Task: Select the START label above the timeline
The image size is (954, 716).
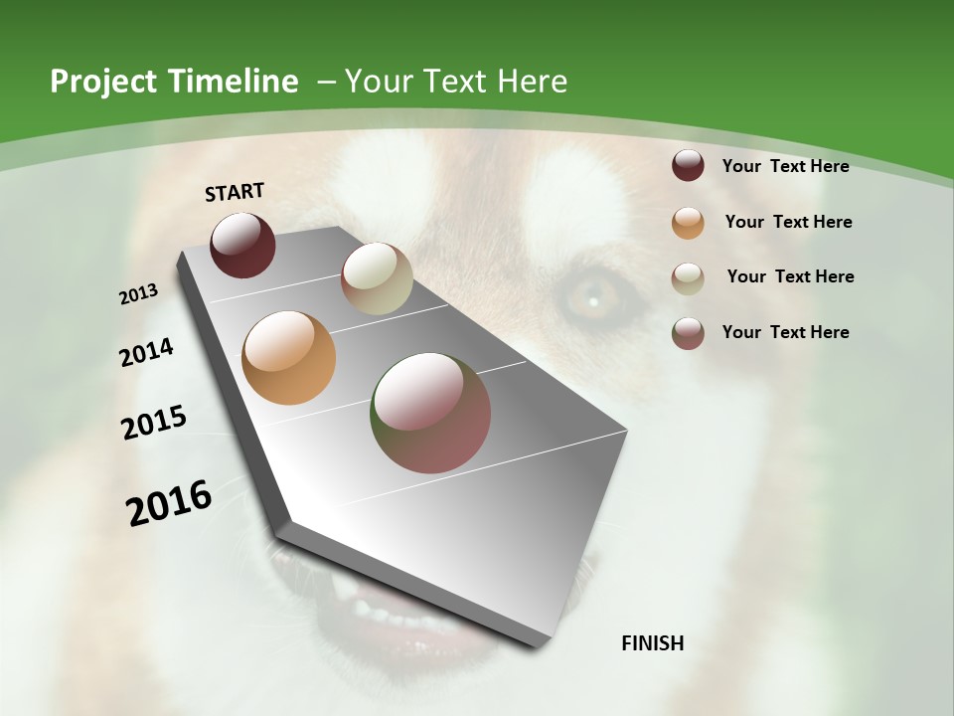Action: tap(235, 192)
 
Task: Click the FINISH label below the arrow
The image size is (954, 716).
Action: tap(653, 642)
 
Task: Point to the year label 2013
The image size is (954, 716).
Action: tap(139, 294)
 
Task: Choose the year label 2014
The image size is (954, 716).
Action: tap(147, 352)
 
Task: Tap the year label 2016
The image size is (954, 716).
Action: tap(169, 503)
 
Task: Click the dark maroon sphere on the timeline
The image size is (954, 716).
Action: tap(242, 245)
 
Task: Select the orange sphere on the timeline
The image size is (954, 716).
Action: tap(289, 358)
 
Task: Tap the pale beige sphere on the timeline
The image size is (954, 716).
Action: tap(377, 278)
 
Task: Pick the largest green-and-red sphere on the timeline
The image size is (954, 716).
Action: tap(430, 413)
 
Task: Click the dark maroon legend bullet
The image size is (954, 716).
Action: tap(688, 166)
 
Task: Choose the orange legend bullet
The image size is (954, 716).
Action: tap(688, 222)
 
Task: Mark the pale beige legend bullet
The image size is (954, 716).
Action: tap(688, 277)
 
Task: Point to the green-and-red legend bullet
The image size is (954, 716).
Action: tap(688, 333)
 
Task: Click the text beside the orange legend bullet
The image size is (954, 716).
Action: tap(788, 222)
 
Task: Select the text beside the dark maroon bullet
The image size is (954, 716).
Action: tap(785, 166)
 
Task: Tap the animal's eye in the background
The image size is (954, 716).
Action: tap(593, 295)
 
